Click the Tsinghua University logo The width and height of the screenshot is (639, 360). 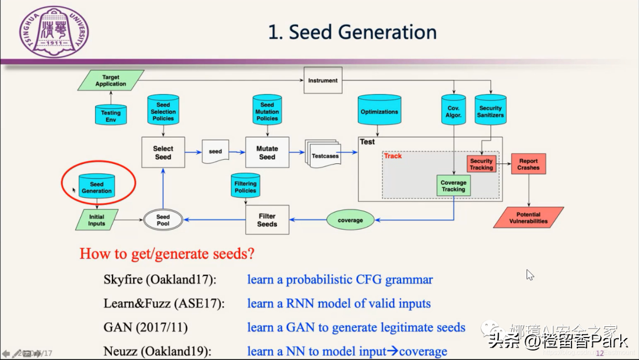(54, 34)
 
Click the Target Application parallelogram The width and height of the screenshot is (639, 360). (111, 81)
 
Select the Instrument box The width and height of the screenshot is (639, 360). (323, 81)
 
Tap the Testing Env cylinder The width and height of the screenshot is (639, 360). (111, 115)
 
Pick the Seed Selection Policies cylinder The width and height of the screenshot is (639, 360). (163, 110)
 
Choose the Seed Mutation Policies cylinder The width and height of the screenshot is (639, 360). (267, 110)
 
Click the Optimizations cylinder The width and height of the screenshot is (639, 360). (379, 111)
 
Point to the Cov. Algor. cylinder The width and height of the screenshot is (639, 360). (453, 111)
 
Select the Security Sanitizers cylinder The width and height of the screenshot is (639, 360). (490, 110)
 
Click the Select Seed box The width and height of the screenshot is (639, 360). (163, 153)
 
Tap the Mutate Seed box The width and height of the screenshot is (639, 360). (267, 153)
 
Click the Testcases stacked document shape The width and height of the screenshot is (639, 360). (324, 155)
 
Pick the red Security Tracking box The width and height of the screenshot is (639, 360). (481, 164)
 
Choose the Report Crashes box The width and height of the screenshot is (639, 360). (528, 164)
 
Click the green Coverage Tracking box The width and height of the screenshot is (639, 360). (453, 186)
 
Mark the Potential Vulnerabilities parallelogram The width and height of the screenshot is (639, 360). (528, 218)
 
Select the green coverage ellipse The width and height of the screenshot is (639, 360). (350, 220)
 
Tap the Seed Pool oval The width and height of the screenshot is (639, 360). (163, 220)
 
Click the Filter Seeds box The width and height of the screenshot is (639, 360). (267, 220)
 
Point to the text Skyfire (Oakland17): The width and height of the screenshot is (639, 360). (159, 279)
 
